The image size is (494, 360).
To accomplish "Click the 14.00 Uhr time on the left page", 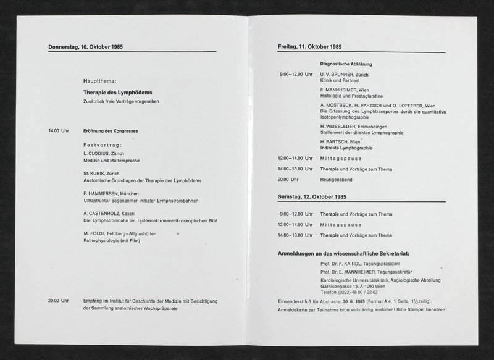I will (57, 131).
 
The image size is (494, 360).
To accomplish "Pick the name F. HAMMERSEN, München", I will (116, 193).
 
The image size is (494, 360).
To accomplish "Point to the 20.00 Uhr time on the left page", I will (57, 300).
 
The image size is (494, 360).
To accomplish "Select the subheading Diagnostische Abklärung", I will (345, 64).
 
